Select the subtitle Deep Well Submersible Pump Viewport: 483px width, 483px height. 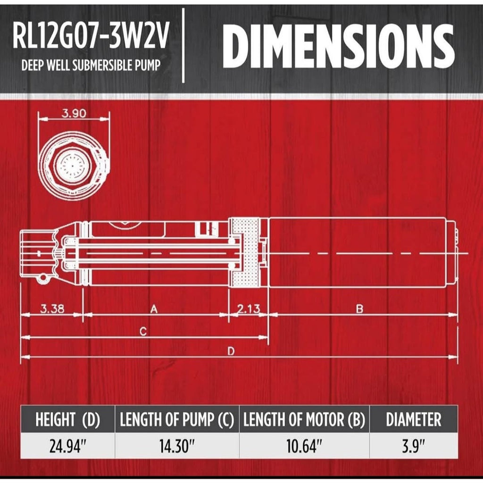pos(91,65)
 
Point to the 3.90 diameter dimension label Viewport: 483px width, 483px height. pos(74,113)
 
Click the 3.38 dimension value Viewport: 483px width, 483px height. pos(52,308)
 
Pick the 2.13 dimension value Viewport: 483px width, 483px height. pos(249,308)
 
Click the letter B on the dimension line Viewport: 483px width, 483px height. pos(359,308)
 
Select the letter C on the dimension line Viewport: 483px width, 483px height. pos(143,332)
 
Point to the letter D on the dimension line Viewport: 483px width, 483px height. pos(231,351)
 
